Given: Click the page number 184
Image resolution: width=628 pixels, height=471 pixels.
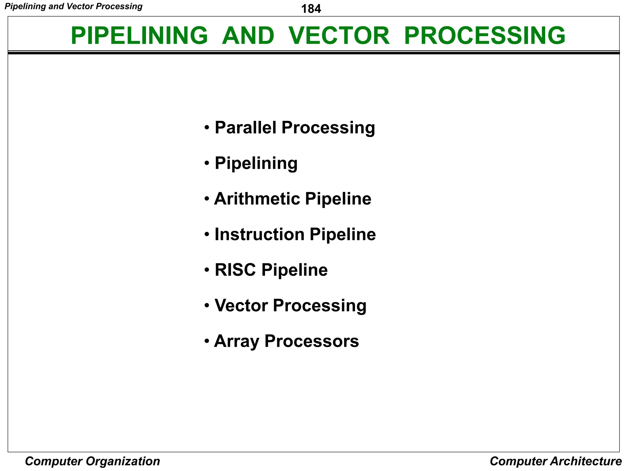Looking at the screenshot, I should point(311,9).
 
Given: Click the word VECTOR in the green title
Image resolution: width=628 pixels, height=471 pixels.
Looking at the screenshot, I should point(339,36).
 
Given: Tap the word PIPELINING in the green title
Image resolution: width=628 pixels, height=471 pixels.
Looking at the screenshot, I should point(139,36).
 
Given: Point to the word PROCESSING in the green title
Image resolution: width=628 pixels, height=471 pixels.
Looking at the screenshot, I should point(484,36).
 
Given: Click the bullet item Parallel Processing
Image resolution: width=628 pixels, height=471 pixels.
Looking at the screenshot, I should point(294,128).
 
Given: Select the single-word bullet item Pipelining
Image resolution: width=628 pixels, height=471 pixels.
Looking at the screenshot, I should point(256,163).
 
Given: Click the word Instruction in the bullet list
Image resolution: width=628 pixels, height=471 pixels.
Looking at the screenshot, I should point(259,234).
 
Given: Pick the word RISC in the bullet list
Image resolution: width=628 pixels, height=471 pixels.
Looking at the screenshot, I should point(235,270).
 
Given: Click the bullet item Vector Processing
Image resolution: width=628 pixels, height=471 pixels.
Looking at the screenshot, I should point(290,305).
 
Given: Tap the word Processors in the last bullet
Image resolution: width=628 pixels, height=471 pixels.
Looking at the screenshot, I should point(311,341).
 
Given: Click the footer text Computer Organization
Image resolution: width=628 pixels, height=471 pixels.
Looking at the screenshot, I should point(92,461).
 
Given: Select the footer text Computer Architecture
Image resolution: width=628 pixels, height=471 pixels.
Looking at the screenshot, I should point(556,461).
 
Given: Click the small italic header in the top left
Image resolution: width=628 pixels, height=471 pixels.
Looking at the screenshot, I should point(74,6).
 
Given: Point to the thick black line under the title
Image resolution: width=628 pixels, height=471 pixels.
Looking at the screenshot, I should point(313,53).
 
